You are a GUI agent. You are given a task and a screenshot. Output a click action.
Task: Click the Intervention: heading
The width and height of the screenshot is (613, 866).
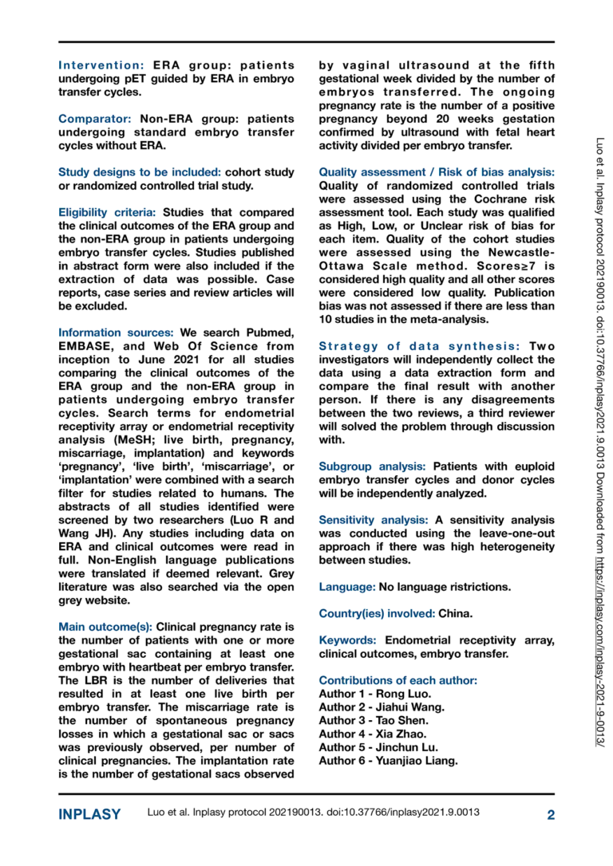pos(101,65)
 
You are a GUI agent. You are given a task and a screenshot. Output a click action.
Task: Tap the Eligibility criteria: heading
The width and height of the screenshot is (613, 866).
pos(109,211)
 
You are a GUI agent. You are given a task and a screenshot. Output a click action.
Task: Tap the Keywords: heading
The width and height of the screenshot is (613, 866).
pos(349,640)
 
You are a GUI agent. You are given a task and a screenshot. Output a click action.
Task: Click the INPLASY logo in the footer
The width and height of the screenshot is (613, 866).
pos(90,814)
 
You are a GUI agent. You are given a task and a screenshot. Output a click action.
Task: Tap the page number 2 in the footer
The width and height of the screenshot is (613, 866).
pos(550,814)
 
